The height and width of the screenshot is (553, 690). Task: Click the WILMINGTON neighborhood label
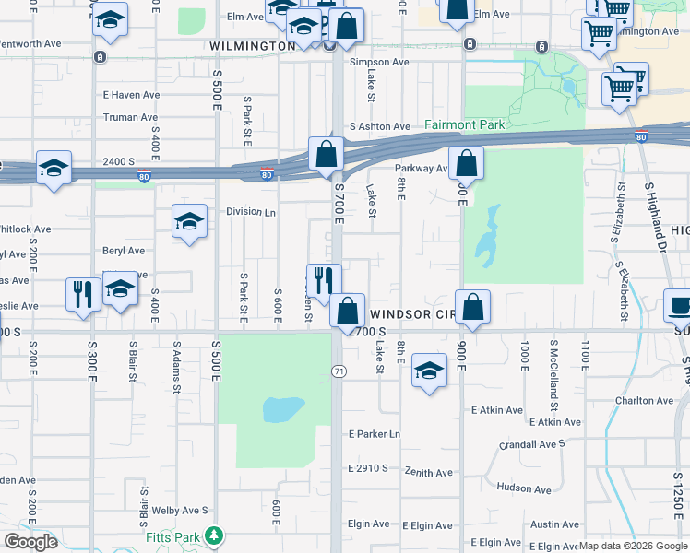252,45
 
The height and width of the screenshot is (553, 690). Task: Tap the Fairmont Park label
464,124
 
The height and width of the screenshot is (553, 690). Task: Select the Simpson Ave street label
379,62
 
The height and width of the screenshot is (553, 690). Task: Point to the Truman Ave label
130,117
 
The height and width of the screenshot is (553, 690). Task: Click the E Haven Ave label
131,94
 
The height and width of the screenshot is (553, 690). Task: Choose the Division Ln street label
251,211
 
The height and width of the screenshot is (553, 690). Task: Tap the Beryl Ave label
124,251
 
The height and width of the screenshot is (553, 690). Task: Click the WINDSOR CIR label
414,314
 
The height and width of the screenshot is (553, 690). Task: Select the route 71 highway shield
339,370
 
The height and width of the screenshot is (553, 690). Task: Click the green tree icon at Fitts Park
214,535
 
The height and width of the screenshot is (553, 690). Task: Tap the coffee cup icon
680,304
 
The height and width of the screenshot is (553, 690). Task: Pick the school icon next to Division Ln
189,221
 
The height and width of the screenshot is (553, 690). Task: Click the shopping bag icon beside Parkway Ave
468,163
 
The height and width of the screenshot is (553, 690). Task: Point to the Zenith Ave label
430,473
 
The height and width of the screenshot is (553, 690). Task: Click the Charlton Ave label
645,401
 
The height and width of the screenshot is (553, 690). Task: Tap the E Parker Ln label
375,434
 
